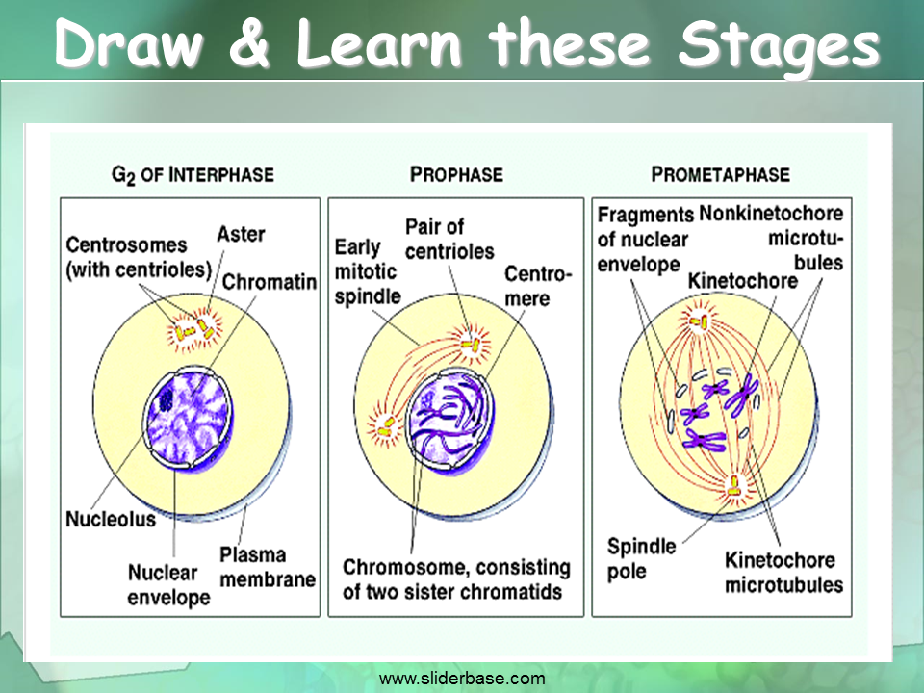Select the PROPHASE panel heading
456,175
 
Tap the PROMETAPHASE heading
720,175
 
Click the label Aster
241,235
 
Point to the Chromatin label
269,282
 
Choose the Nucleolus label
110,520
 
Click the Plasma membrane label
267,567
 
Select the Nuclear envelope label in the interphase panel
168,585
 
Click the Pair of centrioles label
449,240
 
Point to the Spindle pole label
641,558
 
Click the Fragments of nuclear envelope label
644,239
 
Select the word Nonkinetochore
771,214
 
